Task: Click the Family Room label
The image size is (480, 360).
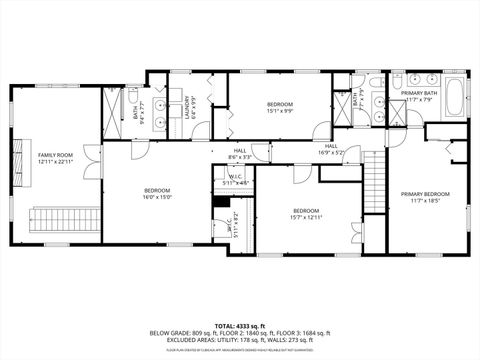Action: pyautogui.click(x=56, y=155)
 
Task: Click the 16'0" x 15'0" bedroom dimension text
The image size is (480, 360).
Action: pyautogui.click(x=157, y=197)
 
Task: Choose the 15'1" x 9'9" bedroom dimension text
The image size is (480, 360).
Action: pyautogui.click(x=280, y=111)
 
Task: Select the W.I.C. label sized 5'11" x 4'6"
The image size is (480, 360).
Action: pyautogui.click(x=234, y=182)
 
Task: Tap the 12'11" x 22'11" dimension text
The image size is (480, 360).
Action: pyautogui.click(x=56, y=162)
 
